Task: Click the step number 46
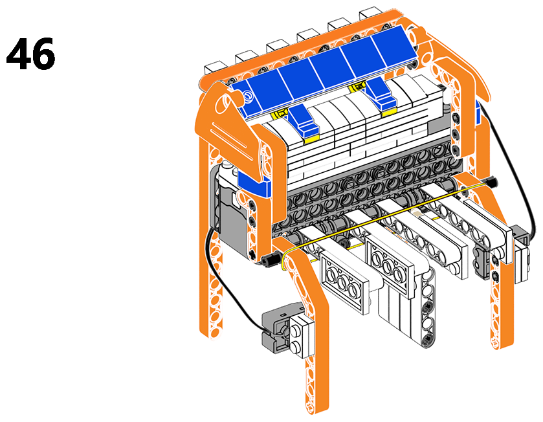click(30, 54)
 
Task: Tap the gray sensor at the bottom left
click(277, 329)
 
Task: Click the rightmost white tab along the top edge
click(371, 13)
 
